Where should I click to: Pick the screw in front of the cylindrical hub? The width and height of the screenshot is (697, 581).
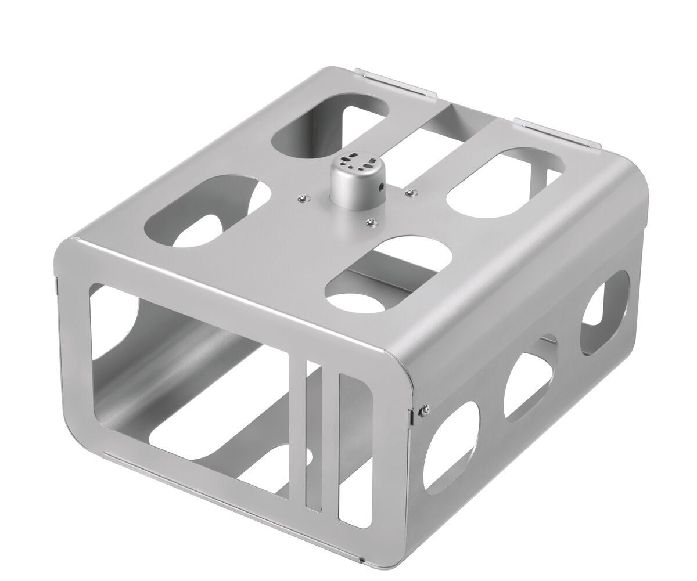coord(370,221)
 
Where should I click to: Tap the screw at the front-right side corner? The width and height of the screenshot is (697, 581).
coord(425,409)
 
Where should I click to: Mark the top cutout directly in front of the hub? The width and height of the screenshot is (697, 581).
coord(389,273)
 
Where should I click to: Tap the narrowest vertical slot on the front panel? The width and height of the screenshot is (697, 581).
coord(313,435)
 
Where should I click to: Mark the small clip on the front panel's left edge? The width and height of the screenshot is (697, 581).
coord(56,286)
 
